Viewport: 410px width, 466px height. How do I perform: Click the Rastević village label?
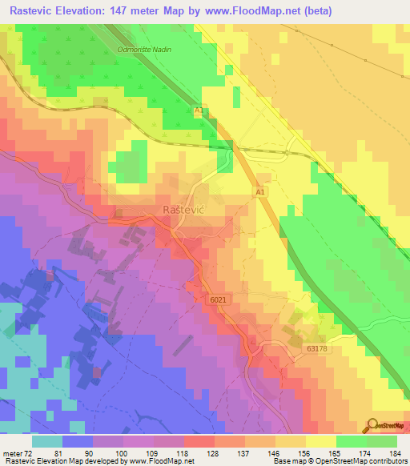click(170, 209)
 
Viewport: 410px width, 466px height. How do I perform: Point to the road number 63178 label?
click(318, 349)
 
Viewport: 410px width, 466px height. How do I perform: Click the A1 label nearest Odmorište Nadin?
click(199, 110)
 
